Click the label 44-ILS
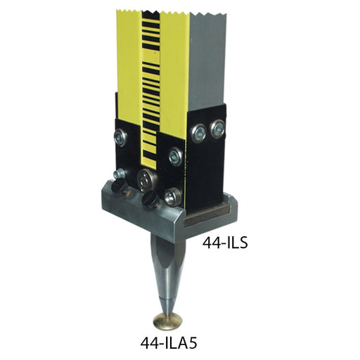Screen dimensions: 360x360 pyautogui.click(x=225, y=243)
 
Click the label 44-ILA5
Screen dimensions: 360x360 pyautogui.click(x=169, y=344)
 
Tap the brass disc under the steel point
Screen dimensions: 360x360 pyautogui.click(x=168, y=321)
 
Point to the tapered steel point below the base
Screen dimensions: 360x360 pyautogui.click(x=168, y=269)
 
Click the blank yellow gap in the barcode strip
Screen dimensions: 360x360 pyautogui.click(x=150, y=56)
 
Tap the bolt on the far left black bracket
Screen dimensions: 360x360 pyautogui.click(x=120, y=138)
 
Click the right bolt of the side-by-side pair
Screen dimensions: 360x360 pyautogui.click(x=217, y=129)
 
